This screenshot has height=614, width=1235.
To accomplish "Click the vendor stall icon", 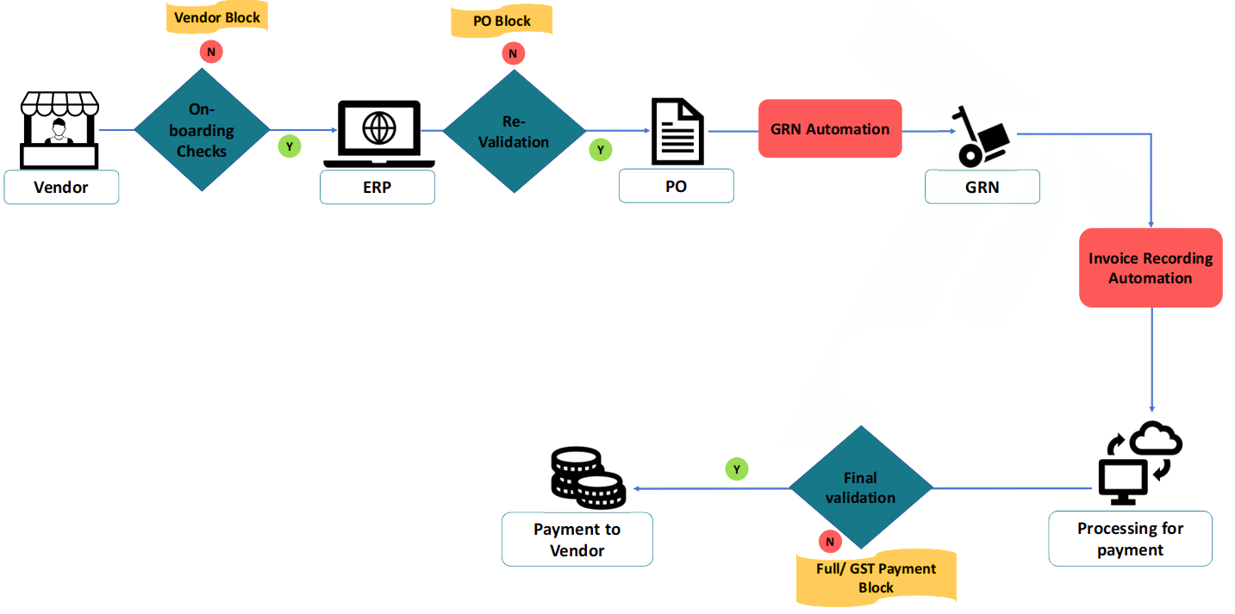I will click(x=59, y=130).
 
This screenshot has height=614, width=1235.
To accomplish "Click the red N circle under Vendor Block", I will click(x=210, y=52).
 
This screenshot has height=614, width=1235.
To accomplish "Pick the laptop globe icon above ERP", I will click(x=379, y=133).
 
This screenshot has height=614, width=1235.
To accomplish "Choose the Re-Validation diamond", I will click(x=514, y=132).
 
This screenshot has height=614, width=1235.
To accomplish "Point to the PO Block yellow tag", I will click(x=502, y=21).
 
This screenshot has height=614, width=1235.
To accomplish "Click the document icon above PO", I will click(x=677, y=132).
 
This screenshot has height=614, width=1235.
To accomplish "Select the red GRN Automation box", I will click(x=829, y=129).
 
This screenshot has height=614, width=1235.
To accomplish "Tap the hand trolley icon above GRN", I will click(x=982, y=134).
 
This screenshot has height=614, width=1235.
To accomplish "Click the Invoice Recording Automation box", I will click(x=1151, y=268).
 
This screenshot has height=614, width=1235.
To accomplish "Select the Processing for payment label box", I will click(x=1130, y=539).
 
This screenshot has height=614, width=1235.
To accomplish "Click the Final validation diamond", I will click(x=860, y=487).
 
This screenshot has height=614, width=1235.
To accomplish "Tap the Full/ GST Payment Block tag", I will click(x=876, y=578).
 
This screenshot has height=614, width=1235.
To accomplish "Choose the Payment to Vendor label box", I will click(x=577, y=540).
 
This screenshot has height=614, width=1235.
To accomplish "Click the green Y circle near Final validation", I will click(x=737, y=469).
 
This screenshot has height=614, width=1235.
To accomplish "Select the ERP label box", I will click(x=377, y=187).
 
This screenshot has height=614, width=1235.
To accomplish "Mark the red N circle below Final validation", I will click(x=830, y=542).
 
